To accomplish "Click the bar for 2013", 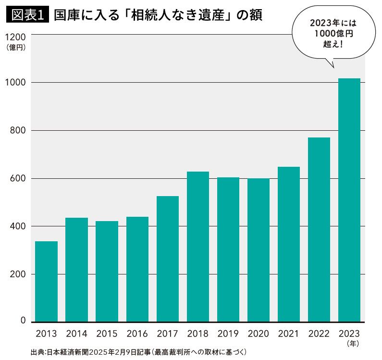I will tap(46, 281).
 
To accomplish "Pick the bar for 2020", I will tap(259, 250).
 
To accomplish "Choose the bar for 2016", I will tap(137, 269).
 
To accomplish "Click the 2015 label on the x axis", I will tap(107, 334).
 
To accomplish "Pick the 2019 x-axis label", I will tap(228, 334).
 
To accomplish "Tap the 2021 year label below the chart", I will tap(289, 334).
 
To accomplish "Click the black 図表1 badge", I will tap(27, 15).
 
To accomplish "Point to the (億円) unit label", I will tap(16, 48).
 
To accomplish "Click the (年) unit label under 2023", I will tap(352, 344).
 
